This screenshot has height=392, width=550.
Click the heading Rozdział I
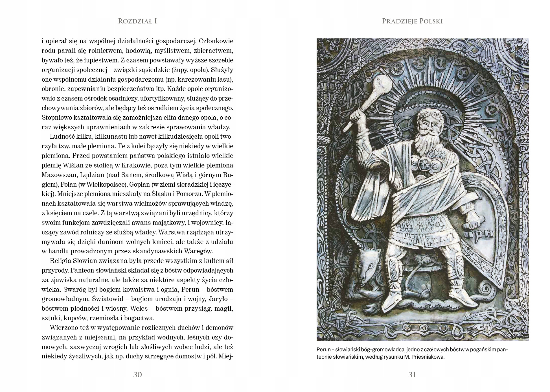(137, 21)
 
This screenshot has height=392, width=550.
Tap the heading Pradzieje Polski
(412, 21)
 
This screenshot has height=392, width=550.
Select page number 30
(137, 375)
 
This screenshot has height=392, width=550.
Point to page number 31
(412, 375)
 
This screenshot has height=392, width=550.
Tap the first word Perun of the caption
(323, 350)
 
